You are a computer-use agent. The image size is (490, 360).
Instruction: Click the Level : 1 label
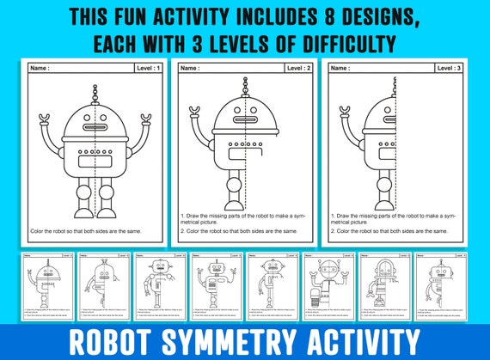click(147, 67)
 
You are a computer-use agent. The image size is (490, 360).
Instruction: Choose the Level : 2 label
click(298, 67)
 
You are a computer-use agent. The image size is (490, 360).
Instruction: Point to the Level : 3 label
click(449, 67)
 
